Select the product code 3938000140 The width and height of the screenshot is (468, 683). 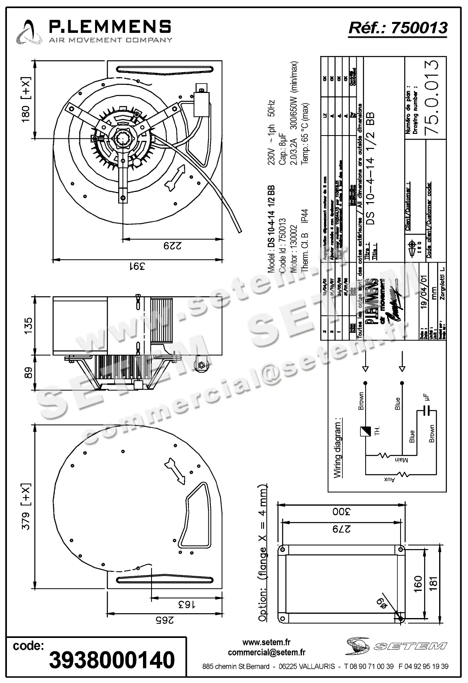pos(112,660)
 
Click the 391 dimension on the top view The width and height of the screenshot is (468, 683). pos(137,267)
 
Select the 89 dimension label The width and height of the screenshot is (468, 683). pos(28,373)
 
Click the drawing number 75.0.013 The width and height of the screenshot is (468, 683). pos(432,98)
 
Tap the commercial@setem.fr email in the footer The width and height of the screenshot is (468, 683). pos(266,653)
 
